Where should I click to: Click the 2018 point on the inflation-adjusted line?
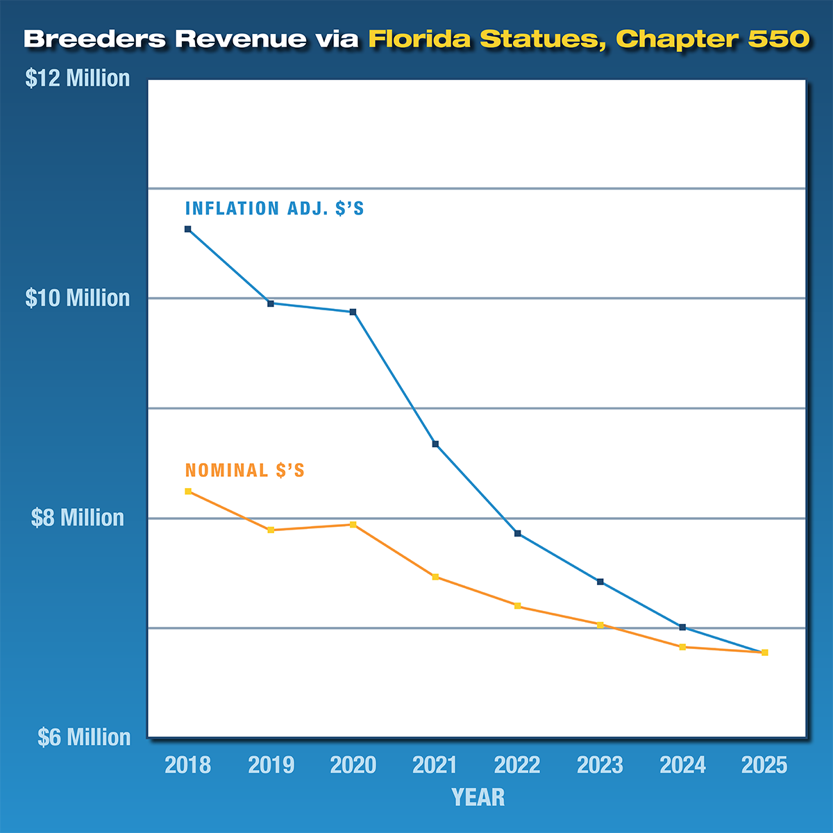[187, 229]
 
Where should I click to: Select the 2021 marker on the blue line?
[435, 444]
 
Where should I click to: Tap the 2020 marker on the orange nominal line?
[353, 525]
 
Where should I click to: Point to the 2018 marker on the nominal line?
[187, 491]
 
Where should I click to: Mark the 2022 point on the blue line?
[517, 533]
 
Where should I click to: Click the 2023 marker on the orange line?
[600, 625]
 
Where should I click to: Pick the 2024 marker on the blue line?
[682, 628]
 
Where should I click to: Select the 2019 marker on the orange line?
[271, 530]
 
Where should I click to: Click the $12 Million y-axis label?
[78, 78]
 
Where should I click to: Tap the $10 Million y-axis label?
[78, 298]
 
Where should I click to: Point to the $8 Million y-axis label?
[78, 518]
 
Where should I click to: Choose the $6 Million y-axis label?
[84, 737]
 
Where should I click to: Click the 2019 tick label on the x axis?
[271, 765]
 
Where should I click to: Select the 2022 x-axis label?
[517, 765]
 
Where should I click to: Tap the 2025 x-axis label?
[764, 765]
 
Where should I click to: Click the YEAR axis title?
[478, 797]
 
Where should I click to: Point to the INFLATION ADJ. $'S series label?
[274, 208]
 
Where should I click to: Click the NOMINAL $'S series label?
[244, 471]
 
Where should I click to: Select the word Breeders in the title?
[95, 39]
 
